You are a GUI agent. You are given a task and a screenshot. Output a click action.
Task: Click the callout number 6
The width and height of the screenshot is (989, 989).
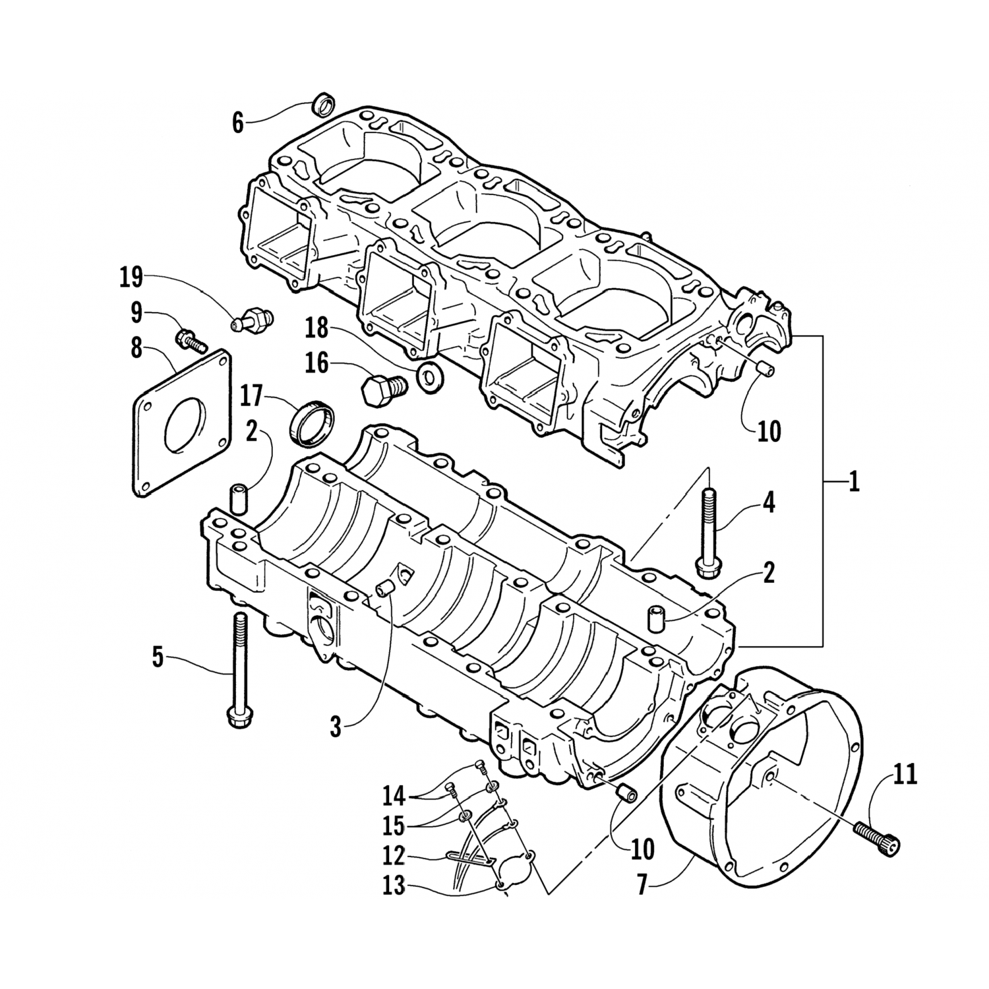237,123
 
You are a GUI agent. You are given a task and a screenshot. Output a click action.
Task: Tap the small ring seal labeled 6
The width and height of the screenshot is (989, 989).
323,104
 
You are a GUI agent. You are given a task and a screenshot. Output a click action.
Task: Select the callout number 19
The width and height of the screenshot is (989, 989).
131,278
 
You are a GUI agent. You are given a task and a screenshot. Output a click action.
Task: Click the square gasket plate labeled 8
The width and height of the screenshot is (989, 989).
182,421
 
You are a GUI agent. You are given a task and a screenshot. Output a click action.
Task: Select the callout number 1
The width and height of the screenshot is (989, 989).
854,483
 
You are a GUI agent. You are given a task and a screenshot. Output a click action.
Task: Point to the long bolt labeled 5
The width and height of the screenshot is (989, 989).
238,670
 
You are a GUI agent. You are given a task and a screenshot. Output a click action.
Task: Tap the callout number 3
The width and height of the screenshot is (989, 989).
336,728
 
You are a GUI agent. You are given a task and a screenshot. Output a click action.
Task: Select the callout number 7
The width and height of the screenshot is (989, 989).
644,885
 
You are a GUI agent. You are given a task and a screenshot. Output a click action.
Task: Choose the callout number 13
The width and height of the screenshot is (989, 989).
394,886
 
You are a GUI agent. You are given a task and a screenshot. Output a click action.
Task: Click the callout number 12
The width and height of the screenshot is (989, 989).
394,855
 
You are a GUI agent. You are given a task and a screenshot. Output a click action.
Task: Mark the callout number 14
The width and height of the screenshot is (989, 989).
395,796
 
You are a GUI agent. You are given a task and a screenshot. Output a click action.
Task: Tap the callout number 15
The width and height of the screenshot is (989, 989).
394,826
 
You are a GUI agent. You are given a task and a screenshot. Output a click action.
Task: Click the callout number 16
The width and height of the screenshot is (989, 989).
318,363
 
